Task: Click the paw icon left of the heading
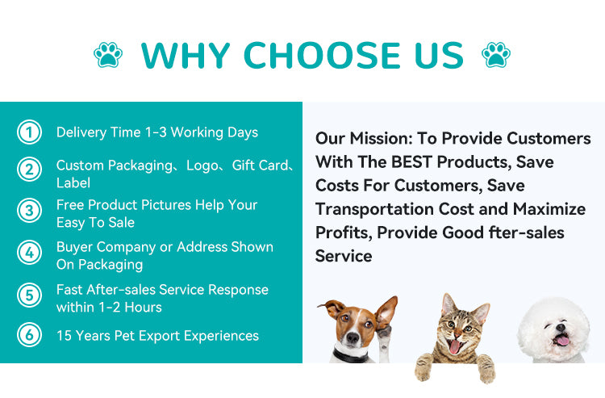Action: pos(108,55)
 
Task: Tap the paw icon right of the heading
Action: pos(495,55)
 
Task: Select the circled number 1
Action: pos(29,132)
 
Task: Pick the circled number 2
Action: pos(29,169)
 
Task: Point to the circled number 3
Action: pos(29,212)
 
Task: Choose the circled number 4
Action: pos(29,253)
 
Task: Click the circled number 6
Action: pos(29,335)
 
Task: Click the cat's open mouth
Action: pos(455,346)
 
